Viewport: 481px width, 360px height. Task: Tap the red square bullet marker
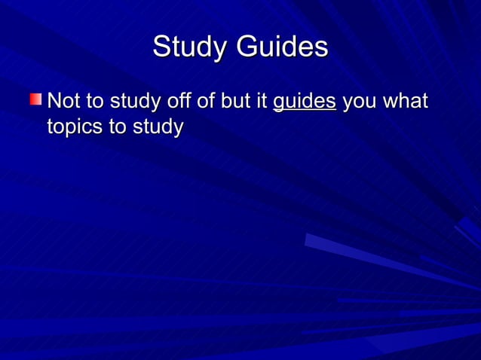pyautogui.click(x=36, y=100)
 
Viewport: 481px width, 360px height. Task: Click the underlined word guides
pyautogui.click(x=304, y=102)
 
